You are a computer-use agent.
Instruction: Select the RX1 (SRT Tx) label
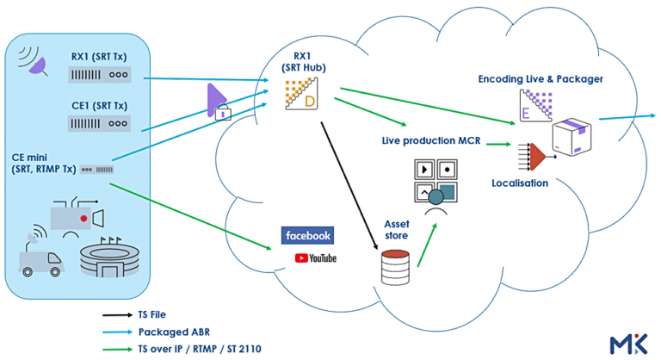click(100, 57)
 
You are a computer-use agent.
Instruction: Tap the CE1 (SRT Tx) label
click(100, 105)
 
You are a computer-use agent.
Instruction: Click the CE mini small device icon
click(96, 171)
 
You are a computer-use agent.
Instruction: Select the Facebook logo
click(306, 234)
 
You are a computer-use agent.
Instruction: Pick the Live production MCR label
click(430, 140)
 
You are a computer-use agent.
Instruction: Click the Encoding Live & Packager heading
click(541, 79)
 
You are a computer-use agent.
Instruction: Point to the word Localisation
click(519, 183)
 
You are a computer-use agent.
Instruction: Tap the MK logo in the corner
click(630, 343)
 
